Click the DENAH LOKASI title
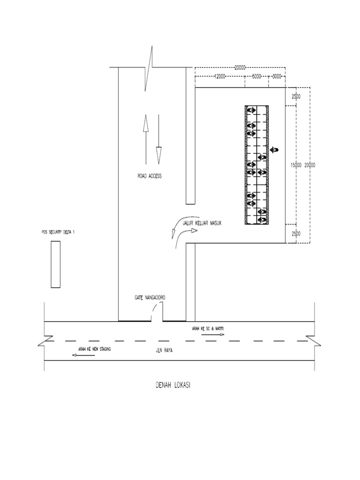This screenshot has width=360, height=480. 172,385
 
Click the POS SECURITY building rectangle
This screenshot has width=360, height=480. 55,263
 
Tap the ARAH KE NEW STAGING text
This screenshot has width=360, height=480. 92,349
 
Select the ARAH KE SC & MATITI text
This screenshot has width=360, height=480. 208,328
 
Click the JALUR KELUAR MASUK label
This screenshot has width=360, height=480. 202,224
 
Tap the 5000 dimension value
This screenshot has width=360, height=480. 256,76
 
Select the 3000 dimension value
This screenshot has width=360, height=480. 277,76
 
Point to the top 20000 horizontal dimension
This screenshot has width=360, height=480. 240,67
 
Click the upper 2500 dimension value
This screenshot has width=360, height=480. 296,97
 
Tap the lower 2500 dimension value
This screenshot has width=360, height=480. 296,234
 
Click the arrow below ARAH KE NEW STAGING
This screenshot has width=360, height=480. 82,355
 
